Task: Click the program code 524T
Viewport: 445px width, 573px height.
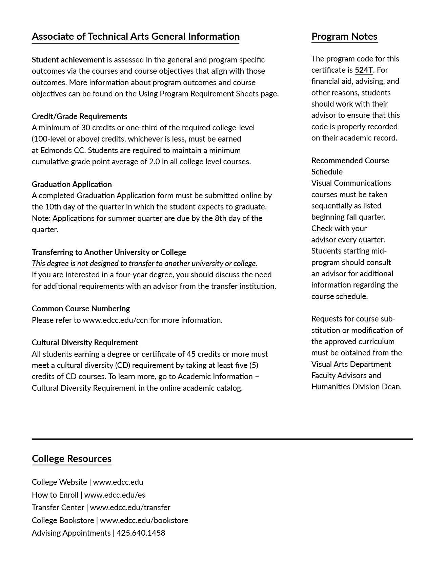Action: (363, 70)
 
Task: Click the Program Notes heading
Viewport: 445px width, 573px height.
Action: (344, 36)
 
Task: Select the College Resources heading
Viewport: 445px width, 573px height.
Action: (72, 459)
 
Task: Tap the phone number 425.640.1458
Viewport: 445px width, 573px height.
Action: (141, 533)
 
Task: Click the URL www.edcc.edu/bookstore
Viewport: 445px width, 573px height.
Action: (144, 520)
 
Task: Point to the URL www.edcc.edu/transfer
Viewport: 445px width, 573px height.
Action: (130, 507)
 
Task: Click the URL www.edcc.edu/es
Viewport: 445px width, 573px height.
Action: (115, 495)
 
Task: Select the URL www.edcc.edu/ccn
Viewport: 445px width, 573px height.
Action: (115, 320)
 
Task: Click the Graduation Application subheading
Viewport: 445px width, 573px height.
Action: (72, 184)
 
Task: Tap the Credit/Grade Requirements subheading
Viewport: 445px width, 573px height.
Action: (79, 116)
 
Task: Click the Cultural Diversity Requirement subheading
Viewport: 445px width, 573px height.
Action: (85, 343)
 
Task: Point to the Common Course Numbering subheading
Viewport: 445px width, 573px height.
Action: (81, 309)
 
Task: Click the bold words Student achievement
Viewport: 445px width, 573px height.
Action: (68, 60)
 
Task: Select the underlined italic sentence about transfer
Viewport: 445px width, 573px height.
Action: (144, 263)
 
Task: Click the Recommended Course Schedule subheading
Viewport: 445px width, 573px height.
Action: (350, 166)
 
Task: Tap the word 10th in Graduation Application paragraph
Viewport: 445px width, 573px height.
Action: (53, 207)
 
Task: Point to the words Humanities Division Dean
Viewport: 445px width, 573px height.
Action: (356, 387)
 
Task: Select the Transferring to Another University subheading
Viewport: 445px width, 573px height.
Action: (109, 252)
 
